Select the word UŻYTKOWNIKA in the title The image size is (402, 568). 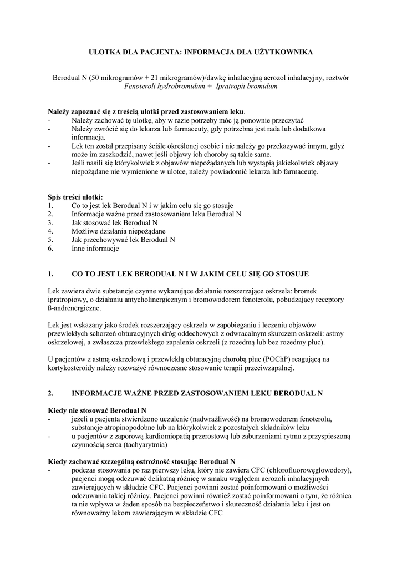coord(284,52)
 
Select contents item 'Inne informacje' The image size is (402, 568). coord(95,248)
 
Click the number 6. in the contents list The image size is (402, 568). coord(51,248)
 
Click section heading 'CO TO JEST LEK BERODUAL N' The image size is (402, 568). coord(145,274)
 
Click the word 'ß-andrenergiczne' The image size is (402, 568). coord(74,308)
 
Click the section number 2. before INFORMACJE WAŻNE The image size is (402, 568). coord(51,393)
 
